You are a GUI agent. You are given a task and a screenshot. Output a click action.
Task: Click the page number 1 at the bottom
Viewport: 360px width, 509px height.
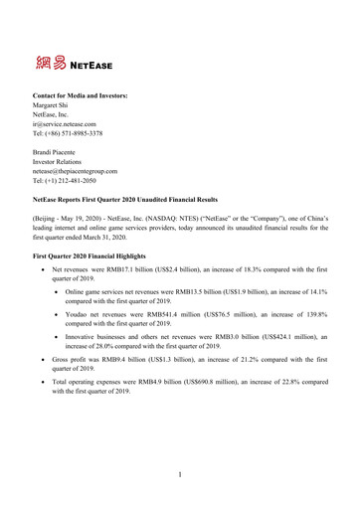click(x=180, y=474)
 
